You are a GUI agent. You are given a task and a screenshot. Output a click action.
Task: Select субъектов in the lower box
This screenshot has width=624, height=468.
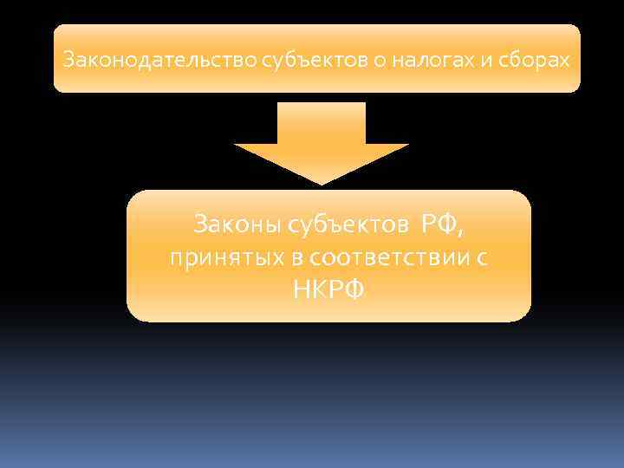click(x=344, y=226)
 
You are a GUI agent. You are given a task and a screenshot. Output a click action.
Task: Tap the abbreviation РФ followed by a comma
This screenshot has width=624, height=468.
click(x=439, y=226)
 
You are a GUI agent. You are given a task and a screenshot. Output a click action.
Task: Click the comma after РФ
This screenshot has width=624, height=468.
click(x=459, y=231)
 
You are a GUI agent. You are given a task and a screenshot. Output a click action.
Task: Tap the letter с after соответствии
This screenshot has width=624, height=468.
click(x=482, y=258)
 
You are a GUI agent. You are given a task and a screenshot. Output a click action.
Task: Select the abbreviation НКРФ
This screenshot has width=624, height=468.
click(x=328, y=289)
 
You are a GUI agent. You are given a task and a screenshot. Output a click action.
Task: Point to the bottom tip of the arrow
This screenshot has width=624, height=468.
click(x=322, y=182)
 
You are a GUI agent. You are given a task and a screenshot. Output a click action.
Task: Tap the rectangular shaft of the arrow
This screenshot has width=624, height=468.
click(x=321, y=121)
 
